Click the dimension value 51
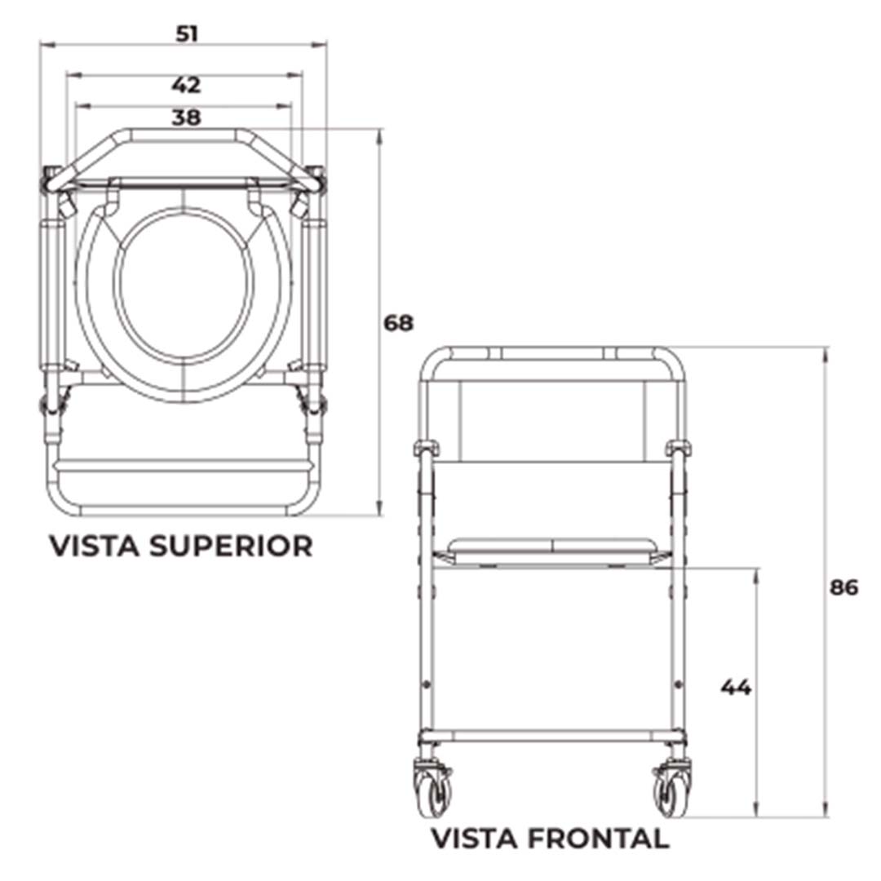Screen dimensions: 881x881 (187, 33)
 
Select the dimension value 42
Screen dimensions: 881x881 (186, 85)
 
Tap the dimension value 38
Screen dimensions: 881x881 (186, 117)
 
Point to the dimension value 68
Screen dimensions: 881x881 (399, 323)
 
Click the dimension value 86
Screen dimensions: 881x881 (844, 587)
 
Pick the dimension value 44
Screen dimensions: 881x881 (736, 688)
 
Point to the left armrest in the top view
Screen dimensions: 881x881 (53, 294)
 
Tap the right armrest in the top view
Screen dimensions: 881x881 (316, 294)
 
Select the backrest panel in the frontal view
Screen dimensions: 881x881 (552, 420)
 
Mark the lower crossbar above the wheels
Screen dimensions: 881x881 (552, 736)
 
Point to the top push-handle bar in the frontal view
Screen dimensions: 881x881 (552, 353)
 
